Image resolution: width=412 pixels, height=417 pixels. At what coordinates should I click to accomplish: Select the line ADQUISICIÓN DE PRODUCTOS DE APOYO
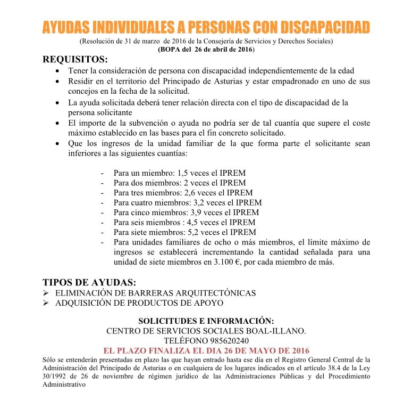(139, 303)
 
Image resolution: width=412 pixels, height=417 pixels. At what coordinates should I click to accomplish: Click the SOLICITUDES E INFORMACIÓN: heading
(206, 321)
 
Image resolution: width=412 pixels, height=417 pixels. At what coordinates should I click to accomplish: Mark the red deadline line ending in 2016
(206, 351)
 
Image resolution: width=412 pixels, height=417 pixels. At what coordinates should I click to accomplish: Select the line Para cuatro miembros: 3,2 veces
(187, 202)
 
